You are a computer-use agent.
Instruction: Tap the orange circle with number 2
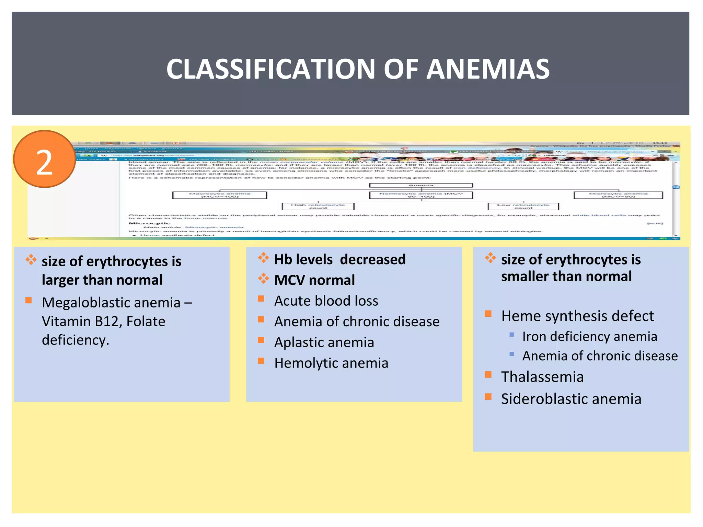[x=45, y=159]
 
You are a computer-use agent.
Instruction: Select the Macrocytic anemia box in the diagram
[x=220, y=195]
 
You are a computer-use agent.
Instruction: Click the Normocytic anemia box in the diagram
[x=421, y=195]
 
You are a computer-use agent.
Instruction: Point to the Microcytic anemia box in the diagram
[x=618, y=195]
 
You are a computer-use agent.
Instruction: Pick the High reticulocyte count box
[x=318, y=206]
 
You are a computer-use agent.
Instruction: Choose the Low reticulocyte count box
[x=523, y=206]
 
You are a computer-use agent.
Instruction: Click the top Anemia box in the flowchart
[x=421, y=185]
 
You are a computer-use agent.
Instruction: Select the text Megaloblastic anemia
[x=111, y=303]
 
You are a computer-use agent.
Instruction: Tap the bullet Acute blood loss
[x=326, y=301]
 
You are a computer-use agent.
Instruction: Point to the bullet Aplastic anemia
[x=324, y=342]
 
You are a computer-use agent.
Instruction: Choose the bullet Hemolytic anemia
[x=331, y=363]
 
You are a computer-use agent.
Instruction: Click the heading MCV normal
[x=314, y=280]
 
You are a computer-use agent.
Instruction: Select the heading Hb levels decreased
[x=340, y=259]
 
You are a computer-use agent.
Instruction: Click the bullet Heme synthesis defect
[x=577, y=316]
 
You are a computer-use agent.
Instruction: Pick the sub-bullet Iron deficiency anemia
[x=589, y=337]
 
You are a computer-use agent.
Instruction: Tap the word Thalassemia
[x=542, y=377]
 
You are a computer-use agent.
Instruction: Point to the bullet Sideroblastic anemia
[x=571, y=399]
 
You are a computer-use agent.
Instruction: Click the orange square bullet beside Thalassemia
[x=488, y=374]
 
